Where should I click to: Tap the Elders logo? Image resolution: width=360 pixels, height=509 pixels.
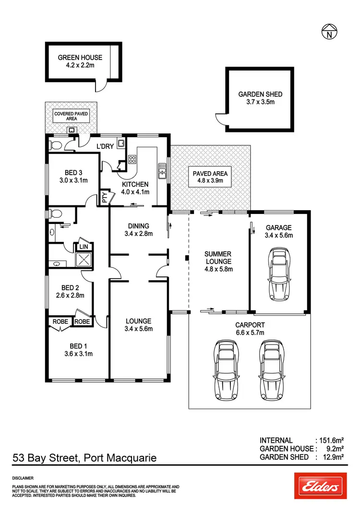[320, 486]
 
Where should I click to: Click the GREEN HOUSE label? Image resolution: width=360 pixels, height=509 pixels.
[80, 58]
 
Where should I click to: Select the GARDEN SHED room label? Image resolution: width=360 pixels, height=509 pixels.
[260, 95]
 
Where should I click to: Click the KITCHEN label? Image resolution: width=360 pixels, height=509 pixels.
[135, 184]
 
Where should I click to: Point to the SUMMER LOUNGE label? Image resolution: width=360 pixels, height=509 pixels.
[218, 258]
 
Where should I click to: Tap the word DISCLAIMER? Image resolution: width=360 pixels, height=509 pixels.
[23, 478]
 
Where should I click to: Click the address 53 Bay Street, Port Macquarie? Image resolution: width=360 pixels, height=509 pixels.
[84, 458]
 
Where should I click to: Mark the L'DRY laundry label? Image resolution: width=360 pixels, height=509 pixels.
[105, 146]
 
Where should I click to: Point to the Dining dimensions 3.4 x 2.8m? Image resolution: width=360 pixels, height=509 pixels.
[138, 234]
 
